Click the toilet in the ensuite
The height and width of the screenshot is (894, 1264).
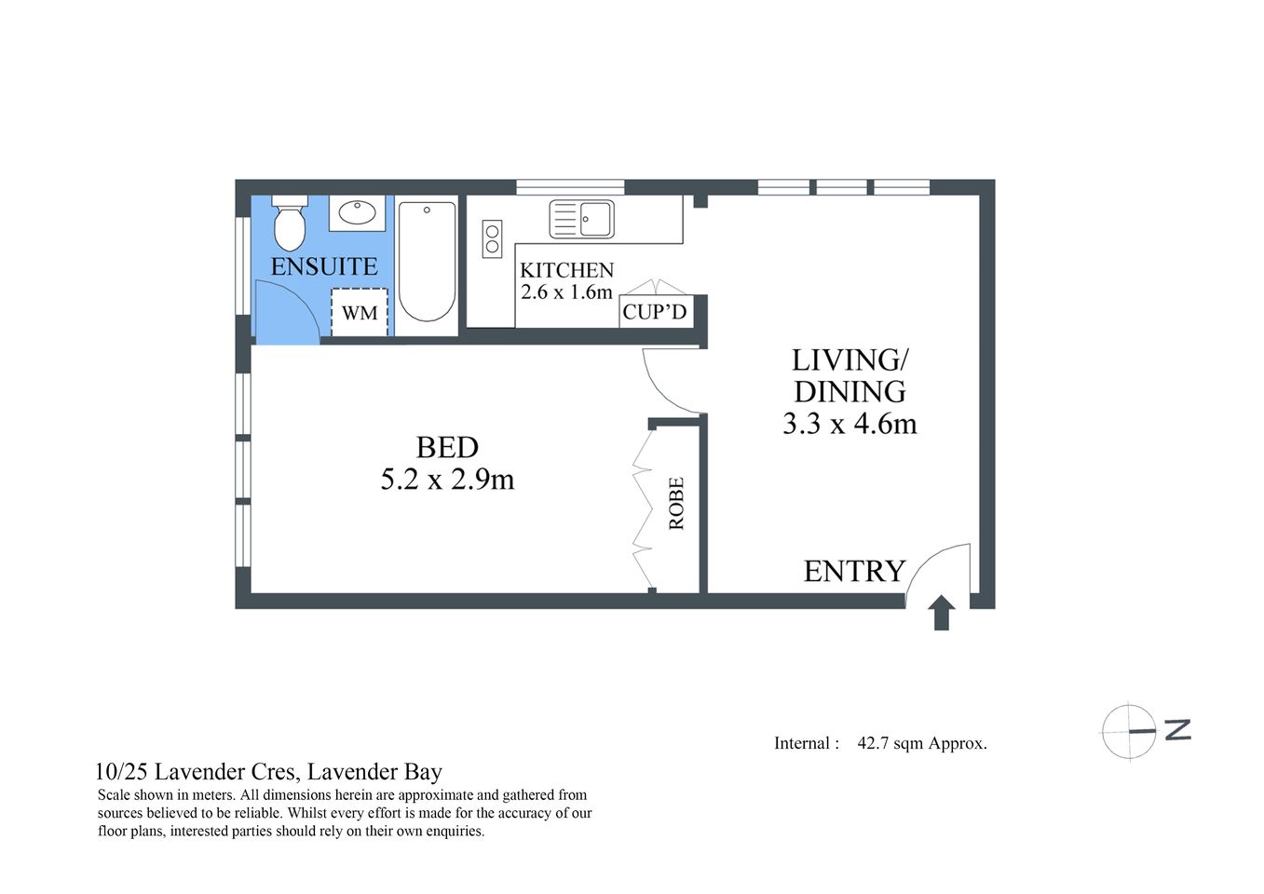(290, 224)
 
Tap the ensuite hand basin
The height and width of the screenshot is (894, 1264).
(357, 212)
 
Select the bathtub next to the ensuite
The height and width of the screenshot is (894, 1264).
(427, 263)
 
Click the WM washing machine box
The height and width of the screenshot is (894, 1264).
(360, 313)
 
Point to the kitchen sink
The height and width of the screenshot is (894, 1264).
(581, 219)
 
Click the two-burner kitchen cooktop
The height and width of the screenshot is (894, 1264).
(492, 238)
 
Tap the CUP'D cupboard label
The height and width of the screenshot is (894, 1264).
(654, 312)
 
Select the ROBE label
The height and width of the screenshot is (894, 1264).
(676, 504)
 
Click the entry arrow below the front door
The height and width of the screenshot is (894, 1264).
(942, 613)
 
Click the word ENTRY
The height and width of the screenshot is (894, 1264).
(854, 571)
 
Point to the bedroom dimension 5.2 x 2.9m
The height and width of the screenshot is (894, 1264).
(447, 480)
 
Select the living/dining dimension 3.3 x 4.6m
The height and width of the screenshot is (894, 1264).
(849, 424)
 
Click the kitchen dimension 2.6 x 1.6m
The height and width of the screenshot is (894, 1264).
(566, 291)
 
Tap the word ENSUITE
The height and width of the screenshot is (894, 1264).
(324, 266)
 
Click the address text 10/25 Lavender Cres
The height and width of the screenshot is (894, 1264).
(197, 772)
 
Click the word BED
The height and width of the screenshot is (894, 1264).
(447, 448)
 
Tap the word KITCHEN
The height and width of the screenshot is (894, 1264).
(566, 270)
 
